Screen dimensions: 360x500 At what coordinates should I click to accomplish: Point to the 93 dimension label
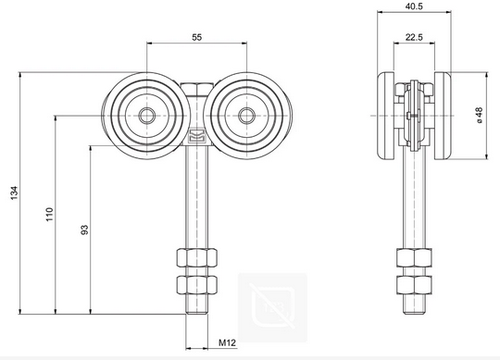click(x=84, y=230)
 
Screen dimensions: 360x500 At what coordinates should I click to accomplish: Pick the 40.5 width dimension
click(x=414, y=6)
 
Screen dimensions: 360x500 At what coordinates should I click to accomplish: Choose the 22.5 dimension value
click(x=414, y=39)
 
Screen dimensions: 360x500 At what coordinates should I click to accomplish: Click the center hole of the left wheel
click(x=147, y=116)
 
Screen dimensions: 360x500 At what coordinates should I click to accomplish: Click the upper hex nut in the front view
click(x=196, y=256)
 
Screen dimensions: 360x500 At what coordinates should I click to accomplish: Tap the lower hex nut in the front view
click(x=196, y=281)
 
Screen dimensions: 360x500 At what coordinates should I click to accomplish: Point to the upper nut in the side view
click(x=414, y=256)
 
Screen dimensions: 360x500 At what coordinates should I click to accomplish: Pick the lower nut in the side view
click(x=414, y=281)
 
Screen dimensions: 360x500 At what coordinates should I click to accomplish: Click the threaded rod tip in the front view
click(x=196, y=315)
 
